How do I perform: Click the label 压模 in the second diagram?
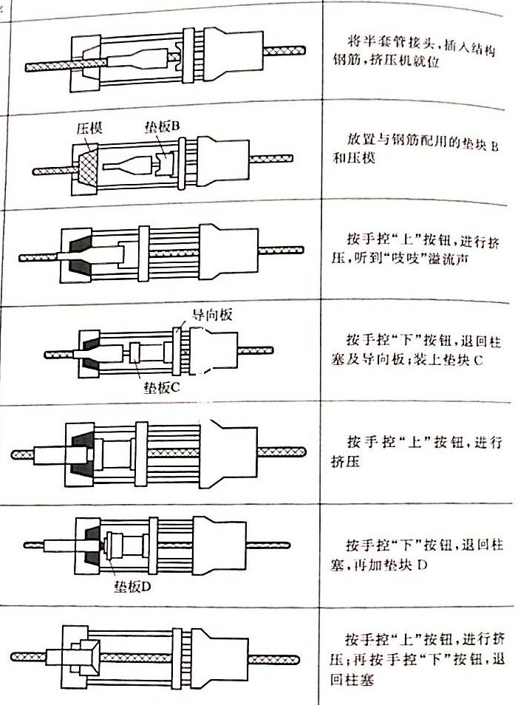(87, 128)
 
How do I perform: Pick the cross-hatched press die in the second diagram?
(85, 170)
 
